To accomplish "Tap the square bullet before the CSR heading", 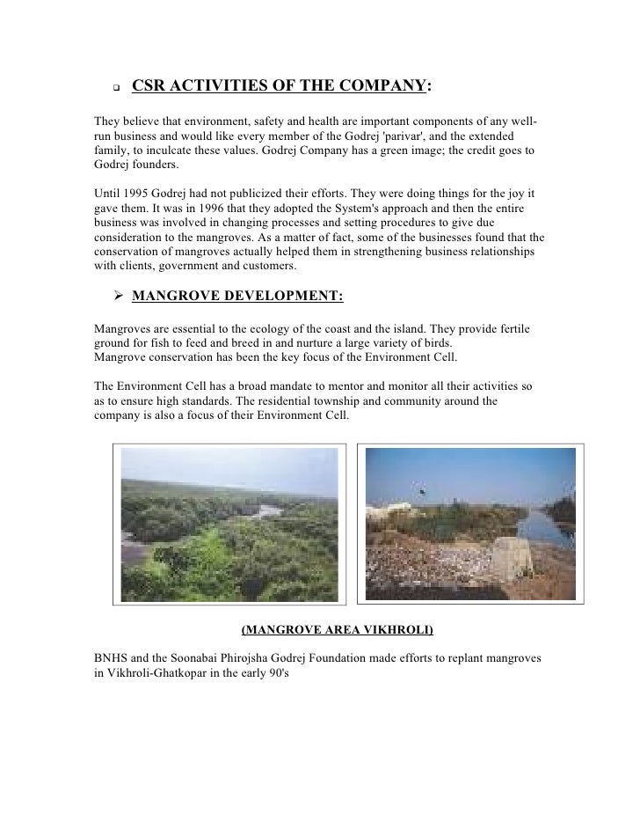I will [x=114, y=88].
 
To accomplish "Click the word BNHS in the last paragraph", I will [x=110, y=658].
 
